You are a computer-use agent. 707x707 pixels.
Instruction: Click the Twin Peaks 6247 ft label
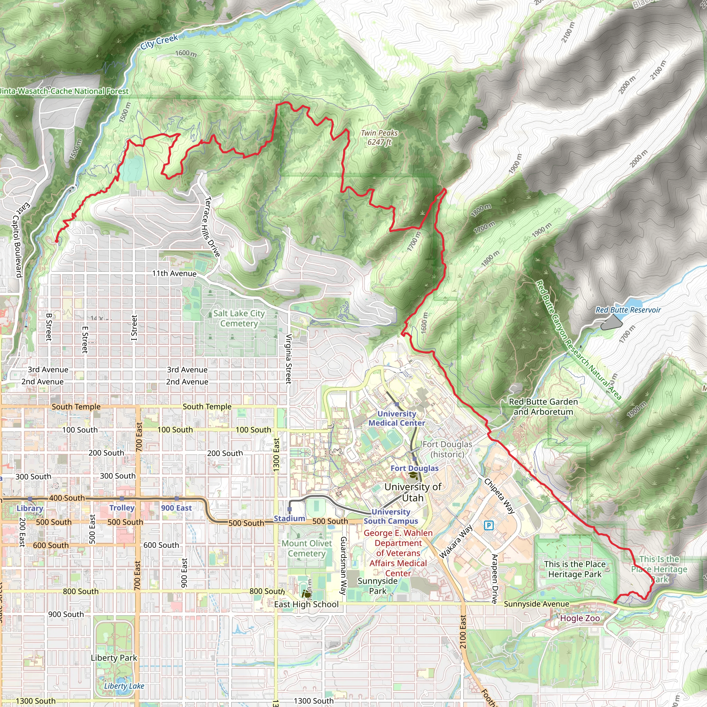pyautogui.click(x=379, y=138)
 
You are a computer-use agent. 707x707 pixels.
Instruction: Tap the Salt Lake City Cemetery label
pyautogui.click(x=239, y=318)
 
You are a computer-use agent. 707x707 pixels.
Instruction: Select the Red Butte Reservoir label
pyautogui.click(x=628, y=310)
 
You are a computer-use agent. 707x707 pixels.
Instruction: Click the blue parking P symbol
pyautogui.click(x=488, y=525)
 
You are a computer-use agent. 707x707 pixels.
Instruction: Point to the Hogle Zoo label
pyautogui.click(x=580, y=618)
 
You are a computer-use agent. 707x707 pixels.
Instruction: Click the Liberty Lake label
pyautogui.click(x=124, y=686)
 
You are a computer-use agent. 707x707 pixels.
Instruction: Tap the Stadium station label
pyautogui.click(x=289, y=518)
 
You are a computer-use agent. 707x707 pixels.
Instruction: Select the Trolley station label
pyautogui.click(x=122, y=507)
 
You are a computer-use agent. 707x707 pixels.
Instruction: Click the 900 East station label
pyautogui.click(x=176, y=507)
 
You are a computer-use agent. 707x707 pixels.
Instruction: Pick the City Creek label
pyautogui.click(x=159, y=41)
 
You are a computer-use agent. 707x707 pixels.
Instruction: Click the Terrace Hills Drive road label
pyautogui.click(x=212, y=227)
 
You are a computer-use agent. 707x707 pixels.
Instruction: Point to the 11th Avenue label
pyautogui.click(x=174, y=274)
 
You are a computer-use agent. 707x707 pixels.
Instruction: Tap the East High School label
pyautogui.click(x=306, y=604)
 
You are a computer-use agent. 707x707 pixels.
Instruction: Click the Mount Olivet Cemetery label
pyautogui.click(x=307, y=548)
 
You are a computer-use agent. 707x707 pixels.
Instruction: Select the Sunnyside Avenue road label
pyautogui.click(x=536, y=604)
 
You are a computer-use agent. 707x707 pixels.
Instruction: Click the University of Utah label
pyautogui.click(x=413, y=492)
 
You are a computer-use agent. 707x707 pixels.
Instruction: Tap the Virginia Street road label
pyautogui.click(x=289, y=359)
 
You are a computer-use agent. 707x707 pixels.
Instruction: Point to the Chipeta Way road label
pyautogui.click(x=500, y=496)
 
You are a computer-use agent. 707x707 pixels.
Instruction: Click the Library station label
pyautogui.click(x=30, y=508)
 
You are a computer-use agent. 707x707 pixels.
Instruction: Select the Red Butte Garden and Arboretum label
pyautogui.click(x=543, y=407)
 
